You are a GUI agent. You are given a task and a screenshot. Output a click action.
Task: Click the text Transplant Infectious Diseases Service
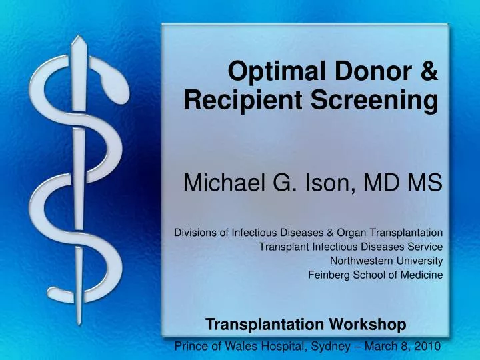350,247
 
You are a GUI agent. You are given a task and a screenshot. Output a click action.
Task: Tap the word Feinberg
329,275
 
